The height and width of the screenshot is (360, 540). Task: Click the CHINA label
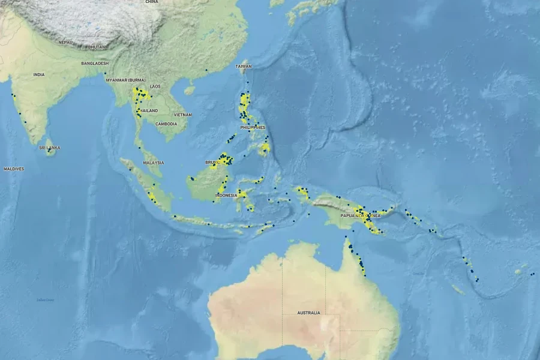click(151, 2)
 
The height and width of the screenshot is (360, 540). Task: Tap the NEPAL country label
click(65, 42)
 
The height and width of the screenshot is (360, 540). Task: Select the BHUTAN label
click(96, 47)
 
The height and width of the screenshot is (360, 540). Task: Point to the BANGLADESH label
click(95, 63)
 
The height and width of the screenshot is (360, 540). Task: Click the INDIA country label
click(39, 75)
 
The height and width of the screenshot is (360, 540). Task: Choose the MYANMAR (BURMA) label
click(125, 80)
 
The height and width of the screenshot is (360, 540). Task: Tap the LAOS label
click(155, 86)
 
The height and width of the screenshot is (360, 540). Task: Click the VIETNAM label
click(183, 115)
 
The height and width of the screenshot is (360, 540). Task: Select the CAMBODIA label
click(166, 124)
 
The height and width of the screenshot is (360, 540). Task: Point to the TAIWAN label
click(244, 66)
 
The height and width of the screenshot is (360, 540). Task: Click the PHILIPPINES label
click(253, 128)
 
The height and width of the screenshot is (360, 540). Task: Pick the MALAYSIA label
click(153, 163)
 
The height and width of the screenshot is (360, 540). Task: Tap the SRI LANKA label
click(50, 148)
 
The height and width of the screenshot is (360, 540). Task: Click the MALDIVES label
click(14, 169)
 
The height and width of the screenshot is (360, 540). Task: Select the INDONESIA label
click(227, 196)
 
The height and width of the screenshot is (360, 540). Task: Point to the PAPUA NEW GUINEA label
click(358, 215)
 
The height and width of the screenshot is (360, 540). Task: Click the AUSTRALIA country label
click(308, 313)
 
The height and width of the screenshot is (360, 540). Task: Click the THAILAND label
click(148, 111)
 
